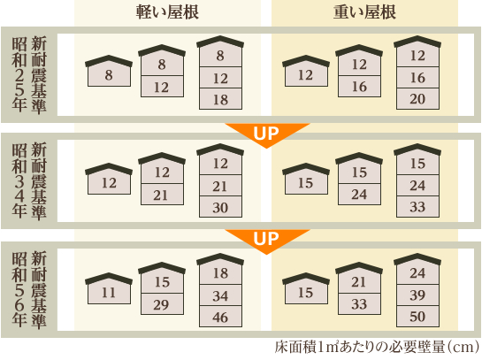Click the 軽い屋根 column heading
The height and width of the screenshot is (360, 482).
click(x=167, y=12)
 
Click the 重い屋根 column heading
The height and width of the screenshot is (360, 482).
click(x=364, y=12)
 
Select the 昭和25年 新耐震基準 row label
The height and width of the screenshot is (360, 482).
click(x=29, y=74)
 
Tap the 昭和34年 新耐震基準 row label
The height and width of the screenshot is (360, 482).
click(x=29, y=180)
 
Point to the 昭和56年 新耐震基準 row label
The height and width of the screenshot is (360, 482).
click(x=29, y=290)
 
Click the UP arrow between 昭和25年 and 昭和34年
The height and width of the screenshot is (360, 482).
click(x=266, y=133)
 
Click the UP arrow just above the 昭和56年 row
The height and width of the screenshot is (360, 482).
click(x=266, y=239)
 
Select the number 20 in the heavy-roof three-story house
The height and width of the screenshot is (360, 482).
click(x=417, y=99)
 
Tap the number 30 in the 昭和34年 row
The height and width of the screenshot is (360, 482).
click(x=220, y=208)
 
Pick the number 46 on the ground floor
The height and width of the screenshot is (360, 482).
click(x=220, y=318)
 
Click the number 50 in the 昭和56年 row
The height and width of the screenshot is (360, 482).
click(x=417, y=317)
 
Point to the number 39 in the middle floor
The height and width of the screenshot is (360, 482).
click(x=417, y=295)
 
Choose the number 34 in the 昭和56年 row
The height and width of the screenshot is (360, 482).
click(x=220, y=296)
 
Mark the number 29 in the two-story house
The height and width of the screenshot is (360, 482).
click(x=161, y=305)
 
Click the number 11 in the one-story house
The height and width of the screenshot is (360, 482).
click(x=109, y=293)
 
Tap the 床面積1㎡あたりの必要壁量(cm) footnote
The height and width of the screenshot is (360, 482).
click(x=377, y=348)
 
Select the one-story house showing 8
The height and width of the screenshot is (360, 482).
click(x=109, y=71)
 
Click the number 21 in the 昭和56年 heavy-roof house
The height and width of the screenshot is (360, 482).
click(x=359, y=282)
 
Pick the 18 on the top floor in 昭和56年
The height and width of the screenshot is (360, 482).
click(x=220, y=273)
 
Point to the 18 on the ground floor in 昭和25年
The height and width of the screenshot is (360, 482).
click(x=220, y=100)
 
